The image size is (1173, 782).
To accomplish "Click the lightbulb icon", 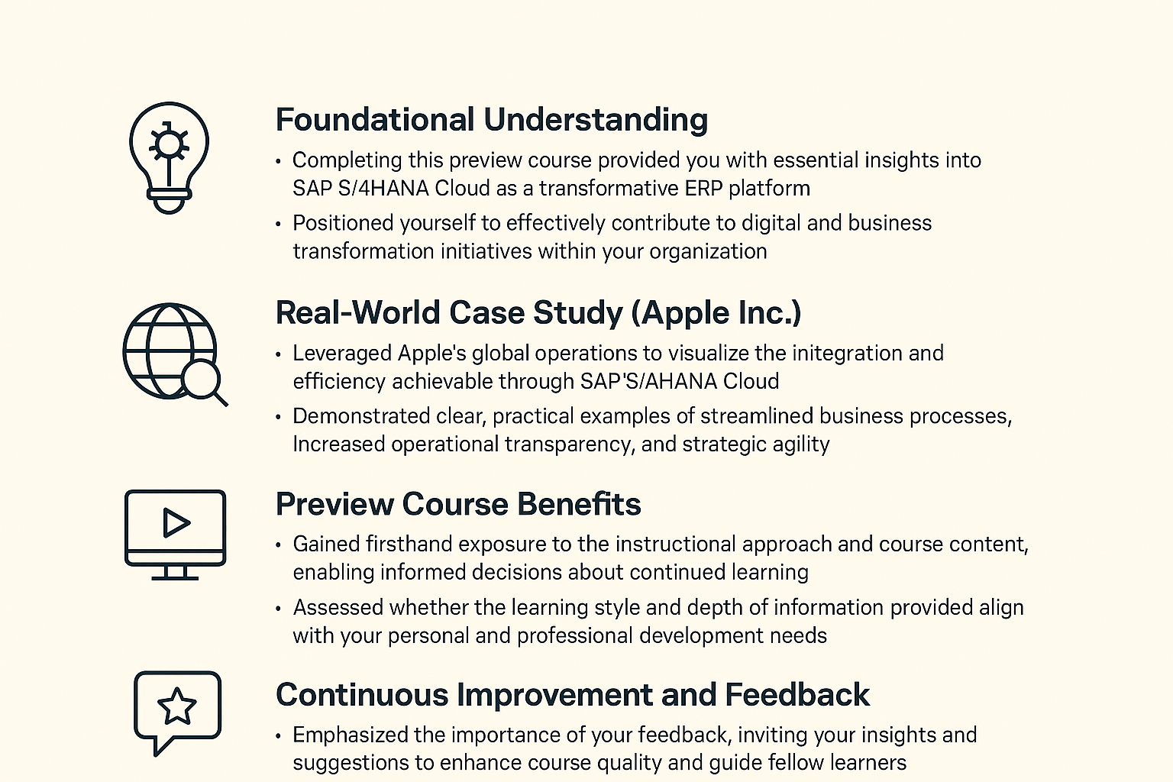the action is coord(169,157).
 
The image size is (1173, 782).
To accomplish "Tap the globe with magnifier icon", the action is coord(175,354).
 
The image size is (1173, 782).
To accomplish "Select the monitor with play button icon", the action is coord(176,535).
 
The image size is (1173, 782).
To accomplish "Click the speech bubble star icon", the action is coord(177,713).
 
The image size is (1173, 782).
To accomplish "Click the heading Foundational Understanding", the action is coord(492,119).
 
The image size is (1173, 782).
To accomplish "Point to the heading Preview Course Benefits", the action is coord(458,504).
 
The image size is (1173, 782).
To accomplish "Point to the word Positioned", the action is coord(342,223).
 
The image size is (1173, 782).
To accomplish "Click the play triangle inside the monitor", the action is coord(176,522).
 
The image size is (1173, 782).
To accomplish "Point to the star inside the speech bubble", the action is coord(177,706).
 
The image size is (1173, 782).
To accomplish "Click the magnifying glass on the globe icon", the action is coord(204,383).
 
